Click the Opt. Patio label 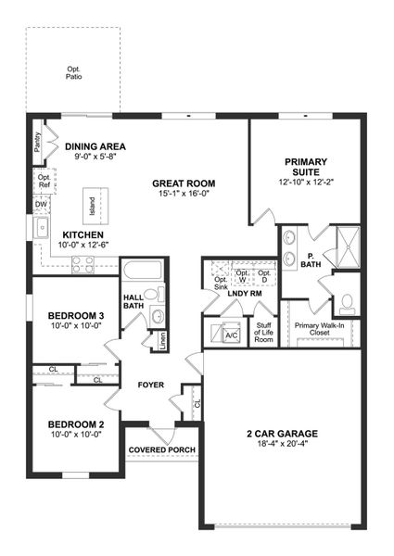tap(73, 71)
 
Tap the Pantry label tap(36, 145)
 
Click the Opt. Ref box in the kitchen tap(44, 182)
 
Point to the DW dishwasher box tap(41, 204)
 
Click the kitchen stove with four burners tap(83, 263)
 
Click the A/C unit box tap(233, 335)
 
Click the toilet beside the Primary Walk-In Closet tap(346, 301)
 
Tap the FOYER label tap(152, 384)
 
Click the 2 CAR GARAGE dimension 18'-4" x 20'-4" tap(282, 445)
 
